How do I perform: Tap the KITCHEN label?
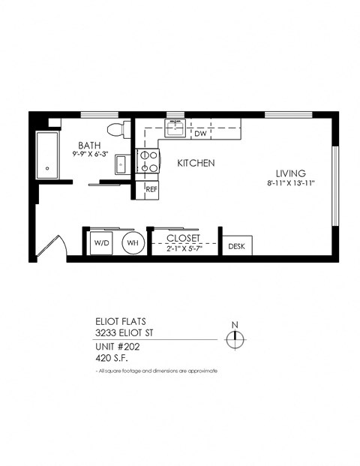pyautogui.click(x=196, y=163)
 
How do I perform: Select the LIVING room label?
pyautogui.click(x=290, y=173)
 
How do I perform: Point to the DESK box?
pyautogui.click(x=236, y=245)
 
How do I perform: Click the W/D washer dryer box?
pyautogui.click(x=101, y=243)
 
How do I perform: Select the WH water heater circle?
pyautogui.click(x=132, y=243)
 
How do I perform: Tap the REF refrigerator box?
pyautogui.click(x=151, y=190)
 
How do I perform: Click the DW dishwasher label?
pyautogui.click(x=200, y=134)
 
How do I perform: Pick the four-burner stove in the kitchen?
pyautogui.click(x=148, y=160)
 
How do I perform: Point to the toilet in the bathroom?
pyautogui.click(x=114, y=128)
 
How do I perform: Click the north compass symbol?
pyautogui.click(x=235, y=338)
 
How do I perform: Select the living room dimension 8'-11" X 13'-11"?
pyautogui.click(x=290, y=183)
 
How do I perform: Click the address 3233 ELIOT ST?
pyautogui.click(x=127, y=332)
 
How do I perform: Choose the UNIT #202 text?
pyautogui.click(x=118, y=347)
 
